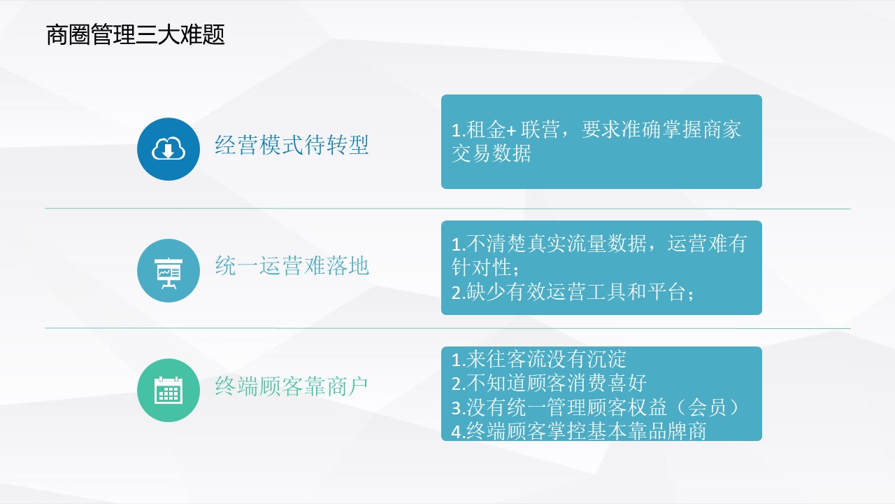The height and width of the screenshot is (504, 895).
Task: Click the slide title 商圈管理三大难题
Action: pos(136,34)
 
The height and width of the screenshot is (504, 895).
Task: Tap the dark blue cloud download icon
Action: pos(169,149)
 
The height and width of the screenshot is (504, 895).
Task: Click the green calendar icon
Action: pos(169,390)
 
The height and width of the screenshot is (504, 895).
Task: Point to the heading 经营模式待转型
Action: pos(292,145)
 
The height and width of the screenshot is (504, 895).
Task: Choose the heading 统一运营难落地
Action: pos(292,266)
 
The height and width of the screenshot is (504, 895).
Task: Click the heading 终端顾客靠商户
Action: pos(292,386)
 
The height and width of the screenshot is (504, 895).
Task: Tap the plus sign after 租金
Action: pos(511,130)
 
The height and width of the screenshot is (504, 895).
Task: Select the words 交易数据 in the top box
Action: pos(491,153)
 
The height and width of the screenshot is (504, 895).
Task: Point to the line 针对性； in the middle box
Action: pos(485,267)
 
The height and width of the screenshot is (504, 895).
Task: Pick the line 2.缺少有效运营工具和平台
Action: pos(573,292)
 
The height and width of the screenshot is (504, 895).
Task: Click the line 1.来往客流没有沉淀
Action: pos(538,359)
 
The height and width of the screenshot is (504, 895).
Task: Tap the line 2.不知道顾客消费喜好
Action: pos(549,383)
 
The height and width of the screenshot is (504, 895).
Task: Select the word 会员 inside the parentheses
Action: pos(707,407)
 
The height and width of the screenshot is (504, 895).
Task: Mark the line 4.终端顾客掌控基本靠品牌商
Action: pos(579,431)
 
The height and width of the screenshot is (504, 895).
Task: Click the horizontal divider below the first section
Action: pos(447,209)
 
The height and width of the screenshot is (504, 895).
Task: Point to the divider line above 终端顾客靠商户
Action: pos(447,328)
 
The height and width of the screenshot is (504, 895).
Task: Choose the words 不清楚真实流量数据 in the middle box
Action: pos(556,243)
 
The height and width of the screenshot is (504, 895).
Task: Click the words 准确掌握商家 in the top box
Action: pos(681,129)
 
